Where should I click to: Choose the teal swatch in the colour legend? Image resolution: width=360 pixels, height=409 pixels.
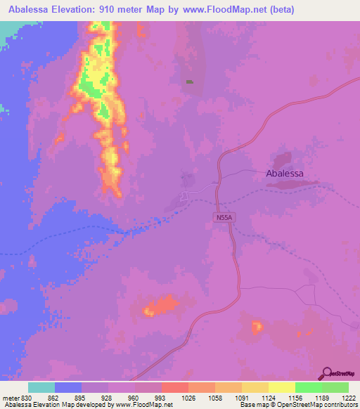click(x=41, y=387)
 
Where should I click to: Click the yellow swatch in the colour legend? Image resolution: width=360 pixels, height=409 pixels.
click(x=281, y=387)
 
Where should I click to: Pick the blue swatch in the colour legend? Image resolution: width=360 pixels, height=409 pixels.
click(x=68, y=387)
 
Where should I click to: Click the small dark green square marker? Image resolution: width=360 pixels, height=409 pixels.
click(x=189, y=82)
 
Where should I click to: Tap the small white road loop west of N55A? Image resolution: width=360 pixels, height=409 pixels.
click(x=185, y=195)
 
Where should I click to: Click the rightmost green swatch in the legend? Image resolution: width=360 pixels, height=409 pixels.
click(x=335, y=387)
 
